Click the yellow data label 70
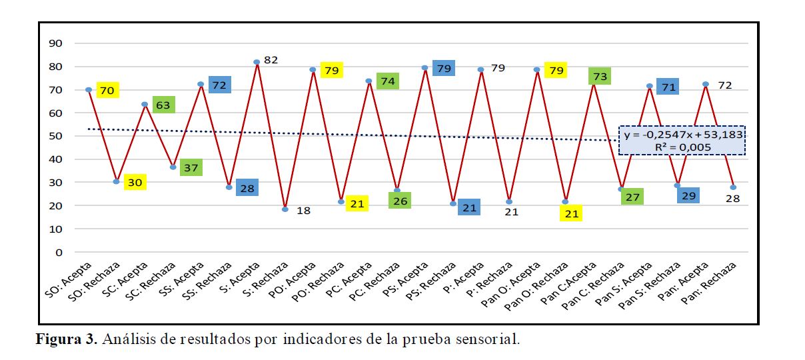pyautogui.click(x=107, y=90)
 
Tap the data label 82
pyautogui.click(x=271, y=60)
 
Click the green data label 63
pyautogui.click(x=163, y=105)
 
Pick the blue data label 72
pyautogui.click(x=219, y=85)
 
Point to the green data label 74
pyautogui.click(x=388, y=81)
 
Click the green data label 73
pyautogui.click(x=600, y=76)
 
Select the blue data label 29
pyautogui.click(x=688, y=195)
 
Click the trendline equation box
pyautogui.click(x=682, y=140)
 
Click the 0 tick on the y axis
pyautogui.click(x=59, y=252)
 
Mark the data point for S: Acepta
pyautogui.click(x=257, y=62)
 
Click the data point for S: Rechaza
pyautogui.click(x=285, y=209)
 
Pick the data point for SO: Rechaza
pyautogui.click(x=116, y=181)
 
